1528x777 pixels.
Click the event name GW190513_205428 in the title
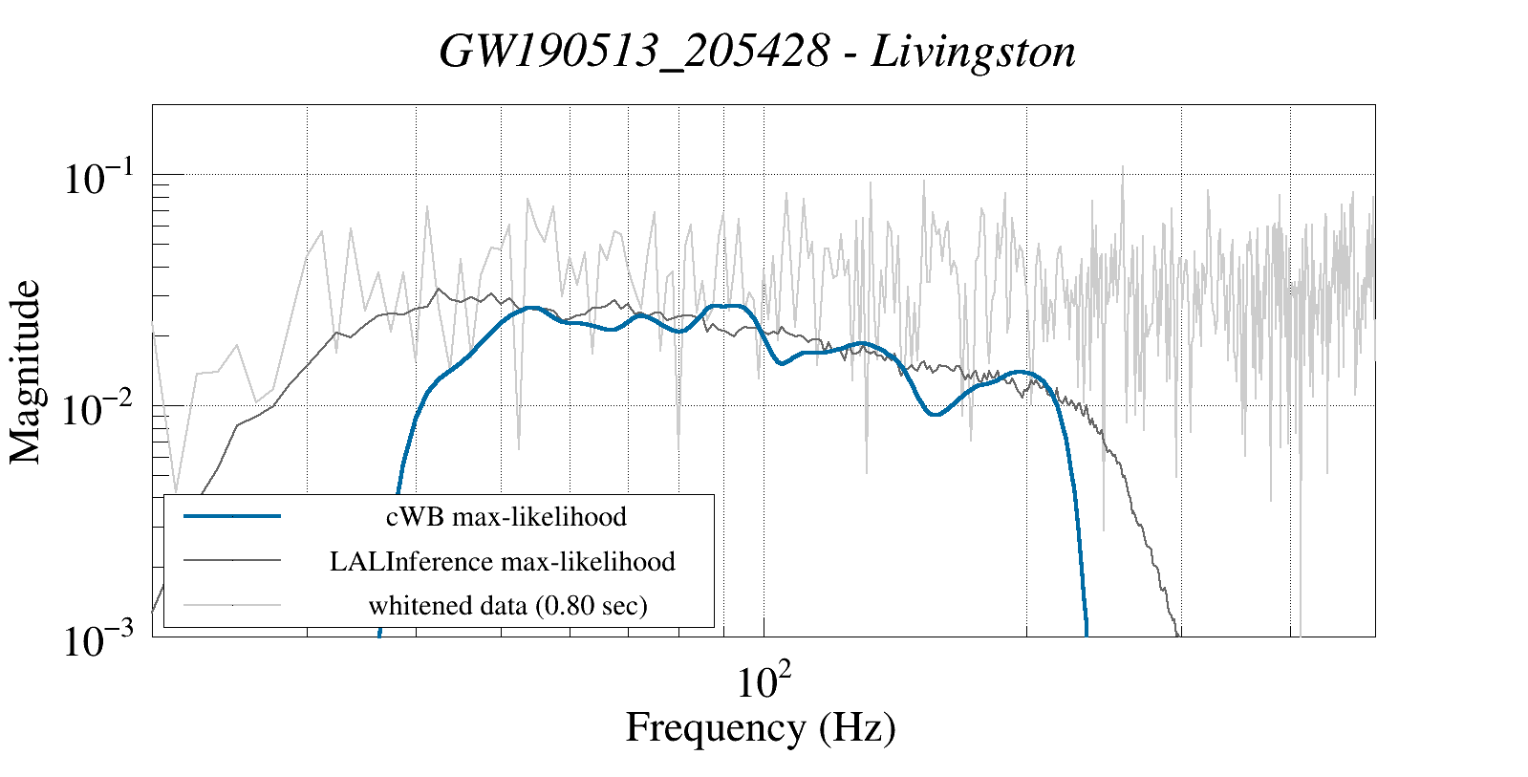click(x=634, y=52)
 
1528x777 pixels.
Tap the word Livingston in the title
click(x=974, y=52)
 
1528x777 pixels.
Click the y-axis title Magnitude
click(x=26, y=372)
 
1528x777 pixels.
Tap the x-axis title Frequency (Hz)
click(x=761, y=728)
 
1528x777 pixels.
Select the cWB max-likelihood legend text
click(x=506, y=517)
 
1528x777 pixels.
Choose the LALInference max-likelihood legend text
click(x=503, y=561)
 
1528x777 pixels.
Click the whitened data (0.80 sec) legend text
click(x=507, y=605)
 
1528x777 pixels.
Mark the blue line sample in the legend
click(x=232, y=516)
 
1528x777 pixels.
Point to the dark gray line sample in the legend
click(x=232, y=560)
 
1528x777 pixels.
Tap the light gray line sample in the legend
click(x=232, y=604)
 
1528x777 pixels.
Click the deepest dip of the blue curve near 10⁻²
click(x=936, y=414)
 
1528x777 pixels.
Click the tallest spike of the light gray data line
click(x=1121, y=166)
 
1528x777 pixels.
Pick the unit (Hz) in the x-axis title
click(x=857, y=728)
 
